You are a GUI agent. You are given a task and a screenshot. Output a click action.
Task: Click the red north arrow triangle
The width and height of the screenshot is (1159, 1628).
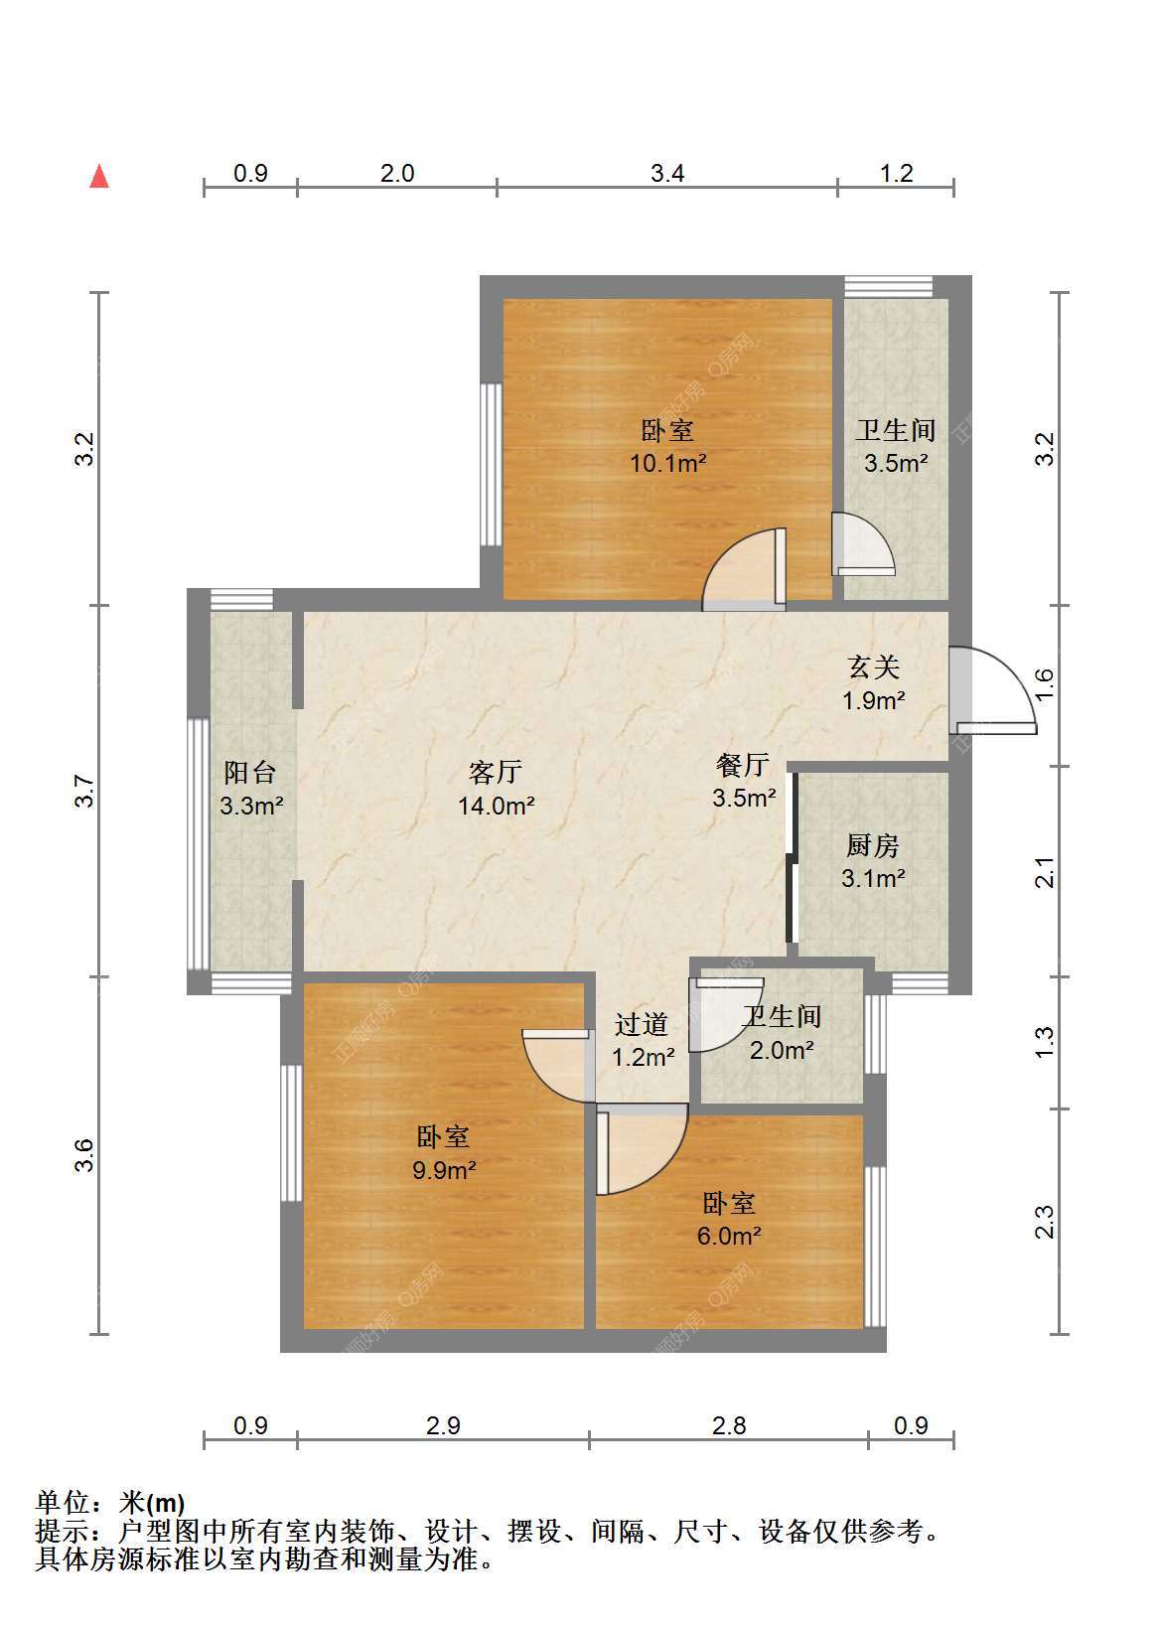tap(99, 177)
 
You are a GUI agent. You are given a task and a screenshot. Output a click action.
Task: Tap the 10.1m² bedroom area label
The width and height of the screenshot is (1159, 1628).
tap(667, 463)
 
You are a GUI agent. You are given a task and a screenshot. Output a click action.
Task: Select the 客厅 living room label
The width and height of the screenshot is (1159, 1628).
tap(496, 772)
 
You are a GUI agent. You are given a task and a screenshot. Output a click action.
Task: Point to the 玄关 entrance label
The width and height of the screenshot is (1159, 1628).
tap(873, 667)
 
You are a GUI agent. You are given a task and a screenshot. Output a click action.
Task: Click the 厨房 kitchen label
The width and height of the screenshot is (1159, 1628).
tap(873, 845)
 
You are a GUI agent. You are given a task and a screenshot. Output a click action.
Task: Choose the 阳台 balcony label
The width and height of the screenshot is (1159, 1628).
tap(250, 772)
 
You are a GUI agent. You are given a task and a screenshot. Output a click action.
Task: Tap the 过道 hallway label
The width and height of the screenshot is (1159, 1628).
tap(642, 1024)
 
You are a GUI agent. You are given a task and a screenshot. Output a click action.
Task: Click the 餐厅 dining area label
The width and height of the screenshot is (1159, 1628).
tap(743, 765)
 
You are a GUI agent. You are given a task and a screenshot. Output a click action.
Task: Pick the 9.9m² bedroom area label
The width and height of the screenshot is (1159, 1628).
tap(444, 1170)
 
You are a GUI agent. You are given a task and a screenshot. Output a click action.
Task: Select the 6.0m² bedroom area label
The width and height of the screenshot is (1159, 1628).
tap(729, 1236)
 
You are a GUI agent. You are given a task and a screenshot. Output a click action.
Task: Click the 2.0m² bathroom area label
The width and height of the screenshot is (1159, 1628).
tap(782, 1050)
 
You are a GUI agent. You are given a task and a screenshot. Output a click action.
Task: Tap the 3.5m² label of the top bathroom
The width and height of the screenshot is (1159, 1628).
tap(895, 463)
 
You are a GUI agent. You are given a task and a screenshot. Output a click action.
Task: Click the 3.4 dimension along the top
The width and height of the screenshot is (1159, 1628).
tap(667, 173)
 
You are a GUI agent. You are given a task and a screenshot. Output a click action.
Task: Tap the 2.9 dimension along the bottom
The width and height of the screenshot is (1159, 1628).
tap(443, 1426)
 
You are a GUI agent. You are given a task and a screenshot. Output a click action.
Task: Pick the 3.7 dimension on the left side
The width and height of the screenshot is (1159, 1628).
tap(85, 792)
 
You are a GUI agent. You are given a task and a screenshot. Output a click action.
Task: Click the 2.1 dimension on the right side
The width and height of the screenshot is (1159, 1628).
tap(1044, 872)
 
